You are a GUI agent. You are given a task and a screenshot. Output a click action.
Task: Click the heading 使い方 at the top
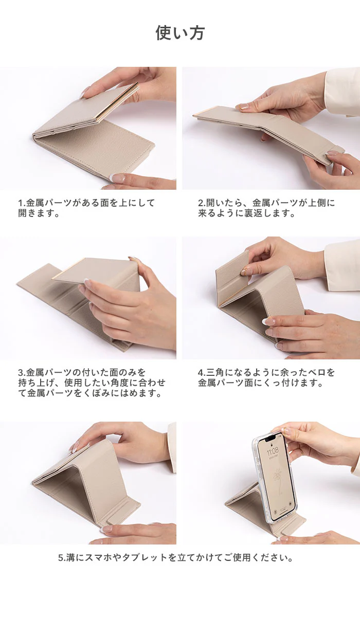click(180, 33)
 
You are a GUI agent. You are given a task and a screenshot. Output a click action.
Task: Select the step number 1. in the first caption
click(22, 203)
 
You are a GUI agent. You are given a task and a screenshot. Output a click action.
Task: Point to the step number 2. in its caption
click(202, 203)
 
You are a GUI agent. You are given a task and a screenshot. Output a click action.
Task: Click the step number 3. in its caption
click(22, 373)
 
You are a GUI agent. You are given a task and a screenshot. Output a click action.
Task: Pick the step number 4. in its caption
click(202, 373)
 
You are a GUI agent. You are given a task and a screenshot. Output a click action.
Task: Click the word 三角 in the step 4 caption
click(215, 373)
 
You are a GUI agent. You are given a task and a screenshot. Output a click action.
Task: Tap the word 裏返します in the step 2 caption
click(267, 213)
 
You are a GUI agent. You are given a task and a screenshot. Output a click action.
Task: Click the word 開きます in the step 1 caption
click(36, 213)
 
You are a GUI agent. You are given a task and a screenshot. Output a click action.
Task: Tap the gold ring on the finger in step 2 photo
click(242, 107)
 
